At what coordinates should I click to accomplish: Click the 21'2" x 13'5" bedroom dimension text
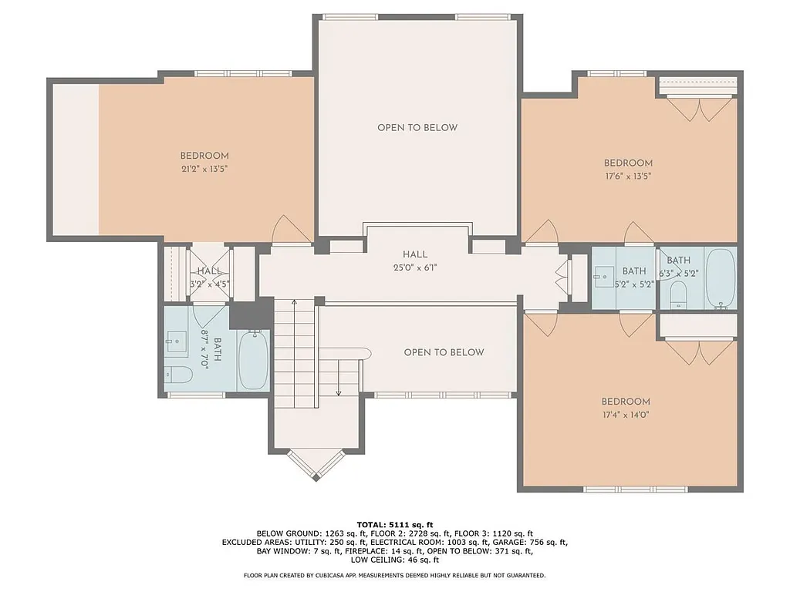tap(204, 168)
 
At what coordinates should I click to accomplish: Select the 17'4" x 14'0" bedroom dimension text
tap(626, 415)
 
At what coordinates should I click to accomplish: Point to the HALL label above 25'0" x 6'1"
tap(414, 255)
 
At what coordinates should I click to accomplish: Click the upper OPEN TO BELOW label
tap(417, 128)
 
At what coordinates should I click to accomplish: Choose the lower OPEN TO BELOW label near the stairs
tap(444, 352)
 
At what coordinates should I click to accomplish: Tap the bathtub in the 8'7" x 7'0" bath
tap(252, 360)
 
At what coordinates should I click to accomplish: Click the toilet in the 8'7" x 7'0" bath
tap(178, 375)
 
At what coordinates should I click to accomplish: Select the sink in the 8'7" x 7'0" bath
tap(177, 341)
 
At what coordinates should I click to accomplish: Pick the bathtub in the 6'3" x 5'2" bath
tap(720, 277)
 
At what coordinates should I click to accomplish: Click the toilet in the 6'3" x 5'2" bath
tap(677, 293)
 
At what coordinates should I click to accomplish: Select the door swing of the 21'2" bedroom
tap(291, 229)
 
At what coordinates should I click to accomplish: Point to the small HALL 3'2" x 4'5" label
tap(209, 277)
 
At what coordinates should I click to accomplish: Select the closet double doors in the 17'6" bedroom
tap(701, 109)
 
